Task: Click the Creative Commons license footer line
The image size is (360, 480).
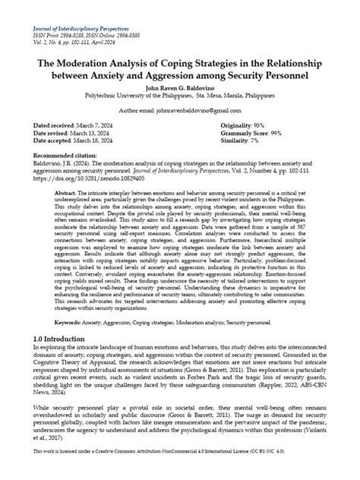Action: coord(180,471)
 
